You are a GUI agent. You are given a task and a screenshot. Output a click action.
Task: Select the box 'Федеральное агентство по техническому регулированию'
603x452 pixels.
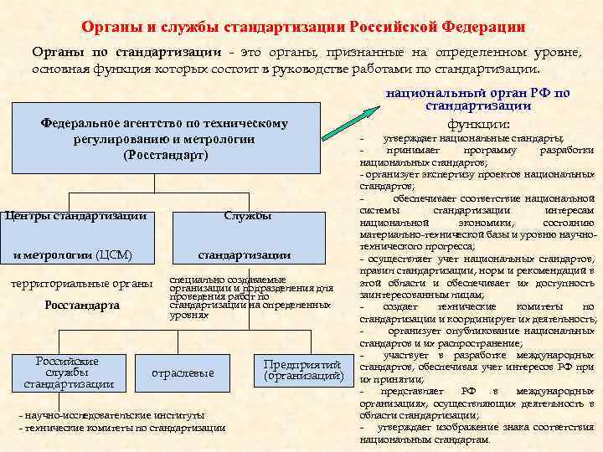[164, 139]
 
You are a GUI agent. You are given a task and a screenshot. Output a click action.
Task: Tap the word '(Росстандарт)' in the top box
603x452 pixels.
[164, 155]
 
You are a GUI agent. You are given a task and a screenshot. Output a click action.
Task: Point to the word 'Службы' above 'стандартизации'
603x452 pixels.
[247, 216]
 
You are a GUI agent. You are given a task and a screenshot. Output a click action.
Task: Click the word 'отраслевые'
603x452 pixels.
[183, 372]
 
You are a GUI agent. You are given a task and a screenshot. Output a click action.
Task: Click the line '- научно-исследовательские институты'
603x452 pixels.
[110, 415]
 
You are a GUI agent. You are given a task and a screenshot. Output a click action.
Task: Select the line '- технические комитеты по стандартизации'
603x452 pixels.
[121, 428]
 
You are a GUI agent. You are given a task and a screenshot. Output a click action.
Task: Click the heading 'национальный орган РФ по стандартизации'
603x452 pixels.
[477, 100]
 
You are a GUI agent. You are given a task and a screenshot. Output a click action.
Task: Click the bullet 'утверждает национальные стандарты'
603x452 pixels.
[480, 138]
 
